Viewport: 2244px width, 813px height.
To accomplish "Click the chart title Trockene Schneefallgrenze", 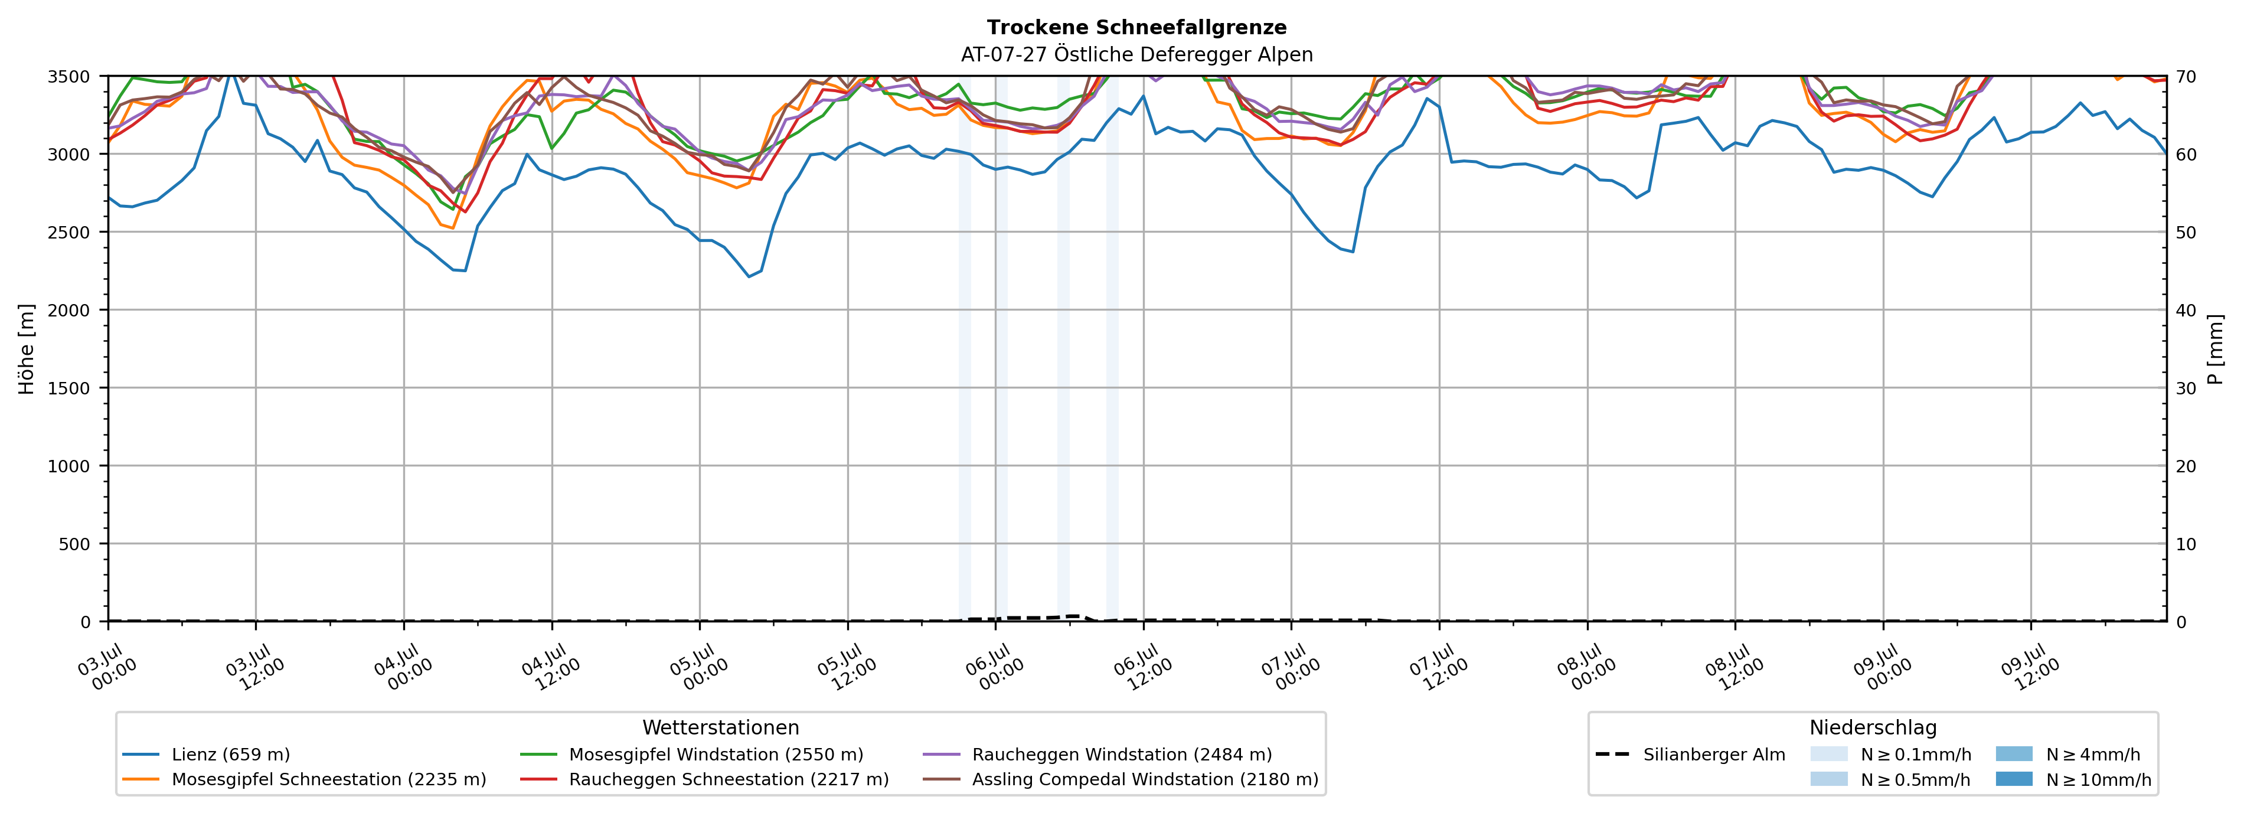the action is click(1137, 28).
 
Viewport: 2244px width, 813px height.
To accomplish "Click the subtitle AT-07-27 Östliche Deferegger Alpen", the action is click(1137, 55).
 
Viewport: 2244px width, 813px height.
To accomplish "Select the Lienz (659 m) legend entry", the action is click(207, 755).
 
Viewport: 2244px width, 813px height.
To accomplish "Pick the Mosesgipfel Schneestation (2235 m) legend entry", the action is click(304, 779).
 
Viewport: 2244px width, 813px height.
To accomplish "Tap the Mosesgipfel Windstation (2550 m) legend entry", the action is click(692, 755).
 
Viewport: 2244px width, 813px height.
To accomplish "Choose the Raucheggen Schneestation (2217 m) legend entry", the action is click(704, 779).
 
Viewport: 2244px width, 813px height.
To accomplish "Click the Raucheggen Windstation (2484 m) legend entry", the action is click(1097, 755).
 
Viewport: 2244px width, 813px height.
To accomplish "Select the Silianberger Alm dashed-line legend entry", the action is click(1690, 755).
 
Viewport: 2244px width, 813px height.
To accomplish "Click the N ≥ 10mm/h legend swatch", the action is click(2014, 779).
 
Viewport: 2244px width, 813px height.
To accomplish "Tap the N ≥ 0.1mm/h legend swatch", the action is click(1828, 755).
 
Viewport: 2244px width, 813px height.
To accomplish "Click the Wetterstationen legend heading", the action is click(720, 727).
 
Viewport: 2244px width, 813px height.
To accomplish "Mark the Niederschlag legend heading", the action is click(1873, 727).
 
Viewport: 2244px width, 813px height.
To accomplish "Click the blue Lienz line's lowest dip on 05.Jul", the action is click(748, 276).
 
